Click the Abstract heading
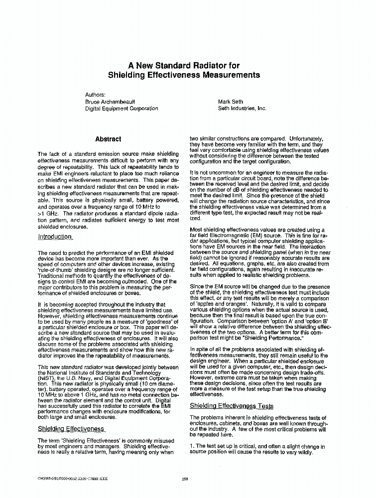point(108,139)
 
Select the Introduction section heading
point(55,237)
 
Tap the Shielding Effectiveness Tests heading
point(232,406)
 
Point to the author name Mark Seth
point(231,101)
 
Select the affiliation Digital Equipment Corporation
point(122,108)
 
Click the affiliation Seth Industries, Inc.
point(242,108)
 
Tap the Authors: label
point(95,94)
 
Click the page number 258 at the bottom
point(184,479)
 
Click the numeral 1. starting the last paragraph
point(192,447)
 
